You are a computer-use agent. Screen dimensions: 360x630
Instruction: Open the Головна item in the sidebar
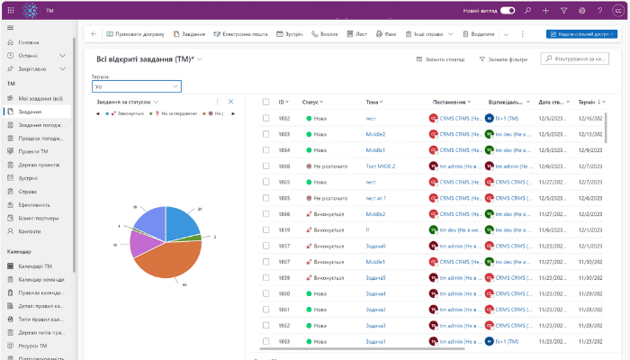tap(29, 42)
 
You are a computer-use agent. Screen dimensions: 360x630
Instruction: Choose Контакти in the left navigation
tap(31, 231)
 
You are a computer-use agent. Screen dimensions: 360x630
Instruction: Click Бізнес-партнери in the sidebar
tap(39, 218)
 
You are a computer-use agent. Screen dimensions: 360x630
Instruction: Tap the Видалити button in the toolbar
tap(479, 34)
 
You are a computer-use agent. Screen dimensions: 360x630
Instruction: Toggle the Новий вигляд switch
tap(508, 10)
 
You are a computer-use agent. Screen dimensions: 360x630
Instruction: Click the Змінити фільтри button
tap(504, 59)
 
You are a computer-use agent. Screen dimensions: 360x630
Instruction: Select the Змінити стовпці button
tap(441, 59)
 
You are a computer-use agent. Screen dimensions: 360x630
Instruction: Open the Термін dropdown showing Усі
tap(137, 86)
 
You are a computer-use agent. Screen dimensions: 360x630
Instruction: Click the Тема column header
tap(373, 102)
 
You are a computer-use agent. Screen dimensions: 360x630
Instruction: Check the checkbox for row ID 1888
tap(265, 166)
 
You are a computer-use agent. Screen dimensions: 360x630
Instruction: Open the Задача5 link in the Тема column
tap(375, 277)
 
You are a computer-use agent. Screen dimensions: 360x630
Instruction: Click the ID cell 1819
tap(283, 229)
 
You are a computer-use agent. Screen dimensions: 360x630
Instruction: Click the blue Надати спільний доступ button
tap(576, 34)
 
